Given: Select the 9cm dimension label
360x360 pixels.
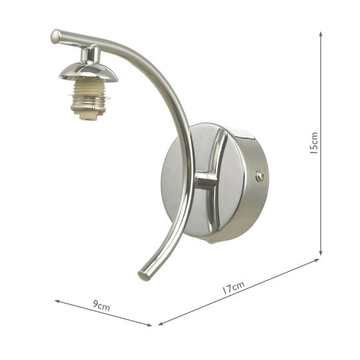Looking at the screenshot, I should click(x=102, y=307).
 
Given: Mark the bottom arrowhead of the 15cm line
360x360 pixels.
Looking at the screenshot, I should click(x=319, y=255).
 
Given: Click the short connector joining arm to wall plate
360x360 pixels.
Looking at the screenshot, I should click(x=204, y=180).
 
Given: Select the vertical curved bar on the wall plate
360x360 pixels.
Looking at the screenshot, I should click(x=217, y=180).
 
